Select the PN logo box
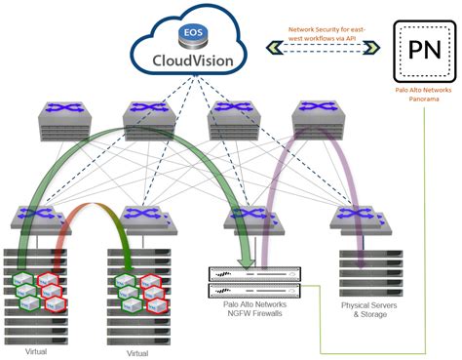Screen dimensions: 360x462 point(426,51)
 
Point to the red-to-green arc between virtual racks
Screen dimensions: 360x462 point(91,212)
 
